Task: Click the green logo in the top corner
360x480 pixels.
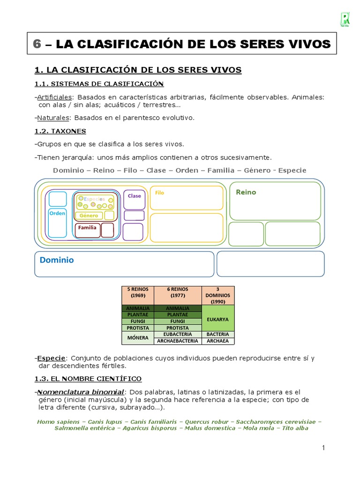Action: (345, 20)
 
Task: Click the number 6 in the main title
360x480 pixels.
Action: (37, 44)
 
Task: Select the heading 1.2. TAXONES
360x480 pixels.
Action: (60, 131)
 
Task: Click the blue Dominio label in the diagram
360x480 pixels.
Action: (57, 260)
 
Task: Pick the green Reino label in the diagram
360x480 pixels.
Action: (246, 192)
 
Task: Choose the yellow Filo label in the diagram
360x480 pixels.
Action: (159, 193)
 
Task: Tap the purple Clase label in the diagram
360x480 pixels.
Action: (134, 196)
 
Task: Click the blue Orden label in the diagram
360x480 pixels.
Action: (57, 213)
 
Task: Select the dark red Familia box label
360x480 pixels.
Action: (87, 228)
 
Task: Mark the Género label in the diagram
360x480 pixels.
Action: (89, 216)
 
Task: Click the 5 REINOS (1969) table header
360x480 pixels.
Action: (138, 292)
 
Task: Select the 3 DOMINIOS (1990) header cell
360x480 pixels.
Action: (218, 295)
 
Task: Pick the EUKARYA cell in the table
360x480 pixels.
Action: (218, 319)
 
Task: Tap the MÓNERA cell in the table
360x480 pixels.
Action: (138, 337)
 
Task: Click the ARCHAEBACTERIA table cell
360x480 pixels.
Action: (178, 341)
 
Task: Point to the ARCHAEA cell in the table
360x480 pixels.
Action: (218, 341)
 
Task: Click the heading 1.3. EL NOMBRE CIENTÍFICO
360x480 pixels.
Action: (88, 378)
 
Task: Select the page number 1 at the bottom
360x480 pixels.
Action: (323, 448)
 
